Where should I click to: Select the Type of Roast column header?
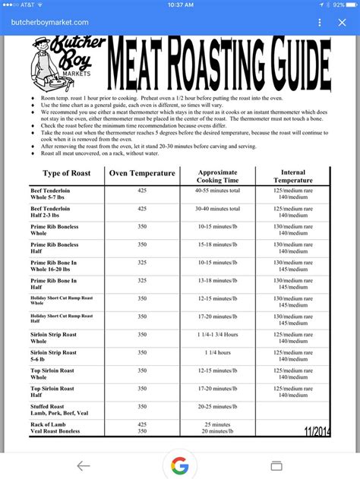(x=66, y=174)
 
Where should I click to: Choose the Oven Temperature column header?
(x=142, y=174)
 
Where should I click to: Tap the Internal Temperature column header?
(x=293, y=177)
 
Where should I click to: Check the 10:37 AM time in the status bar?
(x=180, y=5)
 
